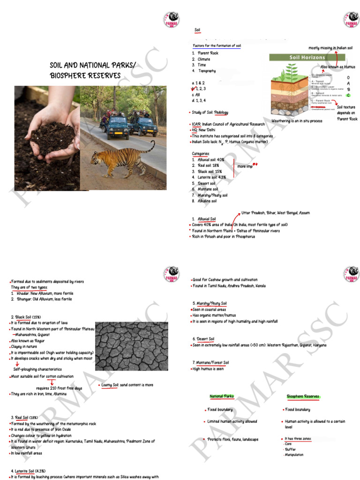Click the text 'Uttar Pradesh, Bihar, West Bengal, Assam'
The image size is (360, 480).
tap(275, 213)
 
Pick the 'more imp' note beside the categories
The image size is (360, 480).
tap(245, 166)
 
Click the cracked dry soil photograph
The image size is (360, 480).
tap(131, 346)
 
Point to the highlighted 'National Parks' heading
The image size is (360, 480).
tap(222, 397)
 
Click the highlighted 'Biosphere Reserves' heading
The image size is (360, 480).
tap(303, 397)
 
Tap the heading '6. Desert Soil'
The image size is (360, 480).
tap(204, 338)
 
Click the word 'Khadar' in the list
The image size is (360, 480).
tap(23, 293)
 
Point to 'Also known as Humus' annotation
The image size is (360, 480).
tap(338, 67)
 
